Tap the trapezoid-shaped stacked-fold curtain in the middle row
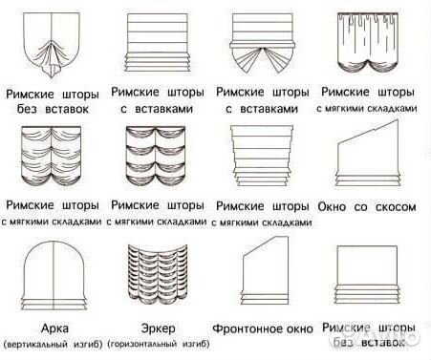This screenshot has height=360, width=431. point(262,158)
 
